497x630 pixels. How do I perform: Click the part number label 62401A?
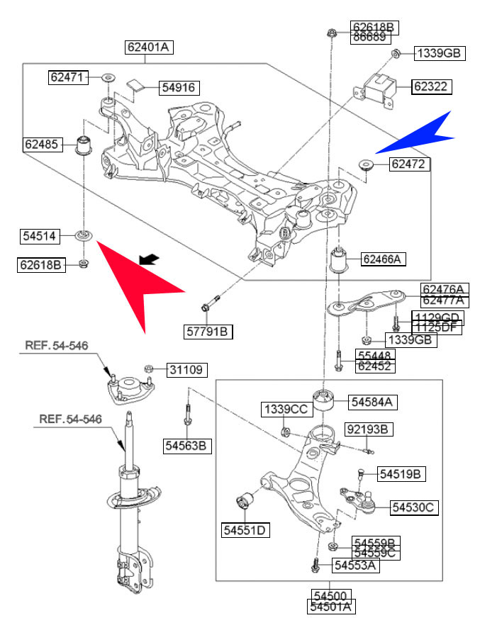149,47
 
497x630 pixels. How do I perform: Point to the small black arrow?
148,259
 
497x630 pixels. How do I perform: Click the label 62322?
432,86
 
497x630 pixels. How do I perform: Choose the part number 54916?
179,88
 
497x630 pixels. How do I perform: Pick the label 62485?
41,144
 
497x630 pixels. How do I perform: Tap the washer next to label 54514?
84,235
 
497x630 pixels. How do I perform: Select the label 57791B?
209,331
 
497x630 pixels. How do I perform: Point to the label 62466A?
383,259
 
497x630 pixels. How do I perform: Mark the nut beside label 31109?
149,369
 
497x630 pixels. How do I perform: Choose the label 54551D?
245,529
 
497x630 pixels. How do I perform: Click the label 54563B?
187,446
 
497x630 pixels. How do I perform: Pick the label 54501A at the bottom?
331,607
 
